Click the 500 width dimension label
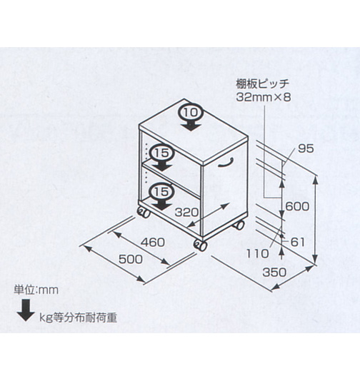[x=131, y=259]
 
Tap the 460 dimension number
[x=153, y=243]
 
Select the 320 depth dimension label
[x=187, y=212]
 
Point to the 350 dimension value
[x=274, y=272]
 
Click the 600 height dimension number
[x=297, y=206]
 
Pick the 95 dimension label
[x=306, y=148]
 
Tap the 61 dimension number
[x=298, y=242]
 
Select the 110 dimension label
[x=258, y=254]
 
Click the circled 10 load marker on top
[x=191, y=113]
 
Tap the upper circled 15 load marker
[x=162, y=153]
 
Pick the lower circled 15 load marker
[x=162, y=192]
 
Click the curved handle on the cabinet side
[x=226, y=162]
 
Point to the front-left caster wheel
[x=144, y=213]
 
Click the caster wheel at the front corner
[x=200, y=245]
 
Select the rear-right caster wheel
[x=239, y=225]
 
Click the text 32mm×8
[x=264, y=97]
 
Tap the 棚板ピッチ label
[x=262, y=84]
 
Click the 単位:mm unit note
[x=36, y=290]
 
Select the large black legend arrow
[x=26, y=310]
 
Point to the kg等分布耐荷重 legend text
[x=78, y=317]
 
